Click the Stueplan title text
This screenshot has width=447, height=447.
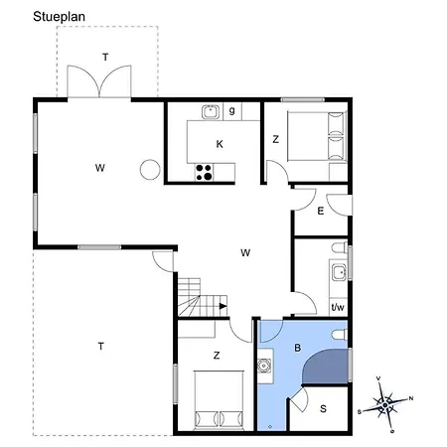coord(59,17)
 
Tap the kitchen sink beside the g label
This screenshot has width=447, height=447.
coord(211,112)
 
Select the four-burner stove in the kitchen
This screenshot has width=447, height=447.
coord(204,172)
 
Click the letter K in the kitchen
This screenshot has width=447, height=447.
coord(220,144)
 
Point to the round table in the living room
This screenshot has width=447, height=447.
coord(150,170)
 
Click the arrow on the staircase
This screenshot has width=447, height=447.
coord(223,306)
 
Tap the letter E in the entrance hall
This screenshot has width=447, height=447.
coord(321,211)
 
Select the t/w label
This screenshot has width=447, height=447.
coord(338,307)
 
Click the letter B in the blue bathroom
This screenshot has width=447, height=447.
coord(298,348)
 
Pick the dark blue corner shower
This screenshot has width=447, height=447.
coord(326,367)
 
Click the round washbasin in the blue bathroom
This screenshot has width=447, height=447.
coord(264,367)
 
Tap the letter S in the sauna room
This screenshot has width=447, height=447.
coord(323,409)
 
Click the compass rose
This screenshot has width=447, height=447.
coord(385,404)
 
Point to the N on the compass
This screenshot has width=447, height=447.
coord(411,398)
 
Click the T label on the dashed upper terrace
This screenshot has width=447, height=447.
coord(105,58)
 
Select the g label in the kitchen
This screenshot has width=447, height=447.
coord(232,110)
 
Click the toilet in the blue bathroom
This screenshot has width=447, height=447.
coord(340,335)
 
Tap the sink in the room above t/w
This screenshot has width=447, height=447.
coord(340,272)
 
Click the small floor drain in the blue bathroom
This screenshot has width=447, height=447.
coord(270,427)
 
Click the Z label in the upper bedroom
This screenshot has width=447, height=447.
coord(275,139)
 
